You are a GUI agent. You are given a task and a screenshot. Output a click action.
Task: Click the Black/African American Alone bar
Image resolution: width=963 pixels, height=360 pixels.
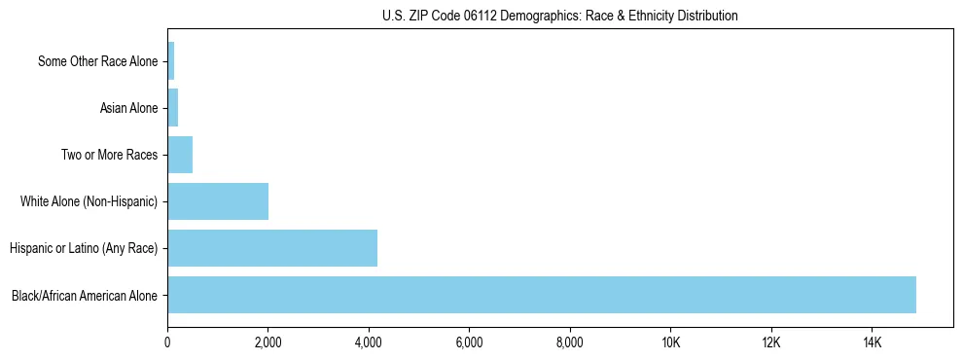[542, 295]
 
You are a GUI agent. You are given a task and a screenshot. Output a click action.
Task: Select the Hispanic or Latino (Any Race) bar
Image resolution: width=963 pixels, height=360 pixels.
[272, 248]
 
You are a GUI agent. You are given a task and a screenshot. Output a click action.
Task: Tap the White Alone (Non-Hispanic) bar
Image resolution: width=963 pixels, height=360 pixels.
[218, 201]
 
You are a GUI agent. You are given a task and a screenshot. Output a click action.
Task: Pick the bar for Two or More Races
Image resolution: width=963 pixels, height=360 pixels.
[180, 155]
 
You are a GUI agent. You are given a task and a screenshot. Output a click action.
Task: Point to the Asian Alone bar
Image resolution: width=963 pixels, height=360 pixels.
[173, 108]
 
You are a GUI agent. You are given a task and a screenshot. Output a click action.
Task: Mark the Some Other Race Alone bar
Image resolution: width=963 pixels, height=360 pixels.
[171, 61]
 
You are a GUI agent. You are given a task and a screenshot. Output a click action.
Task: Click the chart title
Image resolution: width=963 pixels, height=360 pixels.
[559, 16]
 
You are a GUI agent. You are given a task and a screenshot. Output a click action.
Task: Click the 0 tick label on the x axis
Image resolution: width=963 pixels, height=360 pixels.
[167, 342]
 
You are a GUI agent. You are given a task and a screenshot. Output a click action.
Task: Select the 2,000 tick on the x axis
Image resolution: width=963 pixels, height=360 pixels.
[267, 342]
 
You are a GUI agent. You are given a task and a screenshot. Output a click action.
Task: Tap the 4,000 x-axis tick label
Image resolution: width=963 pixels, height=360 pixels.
[369, 342]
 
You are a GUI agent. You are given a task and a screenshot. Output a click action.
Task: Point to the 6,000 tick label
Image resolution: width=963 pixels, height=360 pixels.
[469, 342]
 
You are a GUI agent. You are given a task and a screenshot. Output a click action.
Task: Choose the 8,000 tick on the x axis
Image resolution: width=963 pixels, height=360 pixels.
[569, 342]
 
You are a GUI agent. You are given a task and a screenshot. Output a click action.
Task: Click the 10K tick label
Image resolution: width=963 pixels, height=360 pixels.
[670, 342]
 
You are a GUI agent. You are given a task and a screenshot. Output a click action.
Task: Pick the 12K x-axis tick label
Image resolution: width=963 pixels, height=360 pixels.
[770, 342]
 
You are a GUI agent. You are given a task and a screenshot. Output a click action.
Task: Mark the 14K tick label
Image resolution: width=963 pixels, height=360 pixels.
[872, 342]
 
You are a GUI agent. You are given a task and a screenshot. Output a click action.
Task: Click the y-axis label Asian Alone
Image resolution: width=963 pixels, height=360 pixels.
[128, 108]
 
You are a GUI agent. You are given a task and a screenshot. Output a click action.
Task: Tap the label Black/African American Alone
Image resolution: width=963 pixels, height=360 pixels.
[85, 295]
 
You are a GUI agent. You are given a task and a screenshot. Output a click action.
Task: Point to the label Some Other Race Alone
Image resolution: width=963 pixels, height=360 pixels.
[97, 61]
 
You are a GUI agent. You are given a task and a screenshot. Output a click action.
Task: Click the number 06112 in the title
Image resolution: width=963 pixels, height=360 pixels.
[511, 16]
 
